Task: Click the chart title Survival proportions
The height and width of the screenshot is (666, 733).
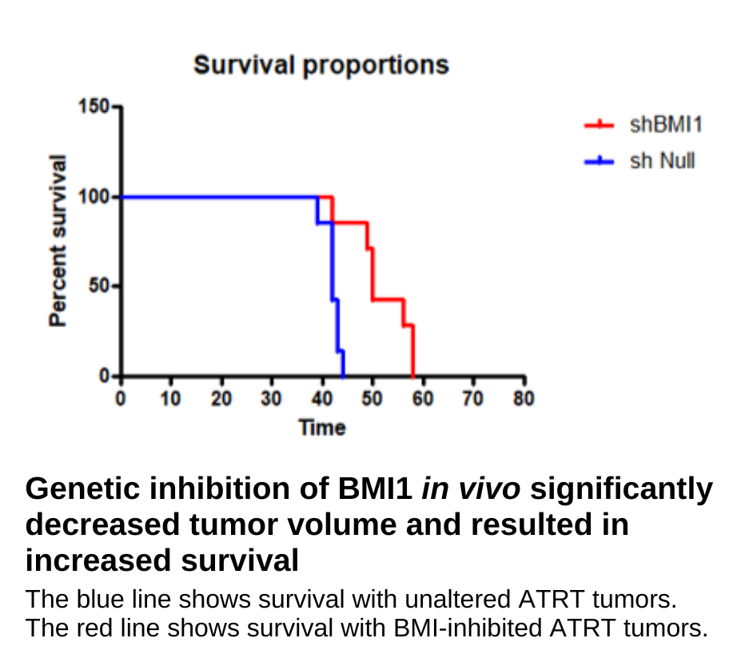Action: point(321,65)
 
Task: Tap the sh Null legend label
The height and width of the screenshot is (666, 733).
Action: point(663,161)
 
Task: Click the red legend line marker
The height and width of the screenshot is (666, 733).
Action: point(599,125)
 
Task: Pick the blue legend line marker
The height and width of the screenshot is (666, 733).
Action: point(599,162)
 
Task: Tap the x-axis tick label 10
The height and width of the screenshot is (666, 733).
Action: point(170,398)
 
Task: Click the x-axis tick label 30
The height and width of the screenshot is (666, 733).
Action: point(271,398)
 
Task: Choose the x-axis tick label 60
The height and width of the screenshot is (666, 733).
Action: point(423,398)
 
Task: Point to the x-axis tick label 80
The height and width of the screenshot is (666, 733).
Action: point(524,398)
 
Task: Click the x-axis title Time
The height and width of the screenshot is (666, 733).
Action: point(322,428)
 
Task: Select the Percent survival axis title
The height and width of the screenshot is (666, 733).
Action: point(57,240)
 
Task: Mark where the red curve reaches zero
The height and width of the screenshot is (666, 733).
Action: point(413,376)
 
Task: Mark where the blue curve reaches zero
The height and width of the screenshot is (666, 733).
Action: point(343,376)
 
